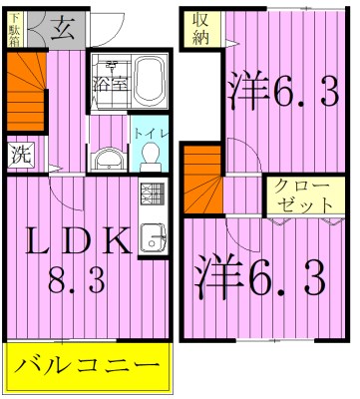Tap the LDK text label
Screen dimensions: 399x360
(x=77, y=240)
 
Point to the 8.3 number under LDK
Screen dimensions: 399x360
(x=78, y=283)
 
